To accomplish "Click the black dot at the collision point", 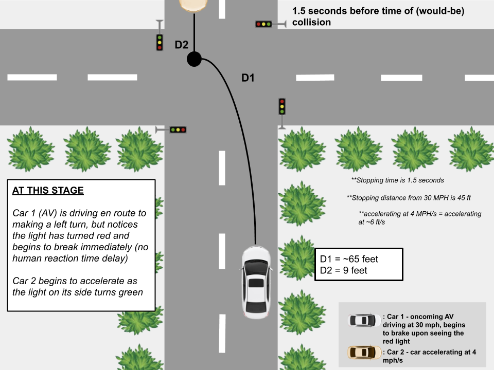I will (194, 59).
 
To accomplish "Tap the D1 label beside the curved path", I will (249, 78).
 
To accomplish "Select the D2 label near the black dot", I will (182, 45).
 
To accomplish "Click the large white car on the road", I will (256, 282).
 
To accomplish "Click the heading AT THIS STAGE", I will (48, 190).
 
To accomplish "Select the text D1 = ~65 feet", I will (349, 259).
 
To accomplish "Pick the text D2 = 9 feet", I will (344, 270).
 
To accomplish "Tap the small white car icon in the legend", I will (364, 321).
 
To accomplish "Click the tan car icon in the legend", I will (364, 353).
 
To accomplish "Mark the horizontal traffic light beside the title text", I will (263, 24).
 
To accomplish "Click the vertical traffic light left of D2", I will (160, 42).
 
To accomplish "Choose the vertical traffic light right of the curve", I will (282, 106).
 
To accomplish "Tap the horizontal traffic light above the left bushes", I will (178, 130).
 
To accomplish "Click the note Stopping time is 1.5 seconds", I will (397, 180).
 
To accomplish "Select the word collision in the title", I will (311, 23).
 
